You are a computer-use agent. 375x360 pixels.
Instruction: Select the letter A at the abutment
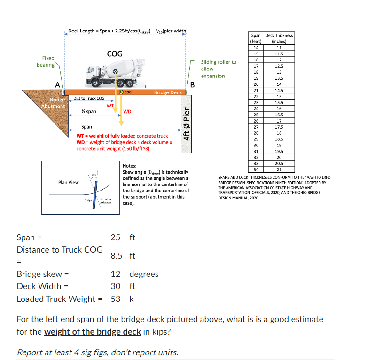click(57, 84)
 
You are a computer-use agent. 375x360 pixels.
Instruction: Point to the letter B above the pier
click(192, 84)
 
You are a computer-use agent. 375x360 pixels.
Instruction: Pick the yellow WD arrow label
click(127, 112)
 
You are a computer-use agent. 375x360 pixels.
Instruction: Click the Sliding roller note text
click(219, 69)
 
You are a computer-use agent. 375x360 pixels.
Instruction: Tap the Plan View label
click(68, 182)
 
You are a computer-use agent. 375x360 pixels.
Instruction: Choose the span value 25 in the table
click(256, 115)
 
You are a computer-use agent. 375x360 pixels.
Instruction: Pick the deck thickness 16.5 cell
click(279, 115)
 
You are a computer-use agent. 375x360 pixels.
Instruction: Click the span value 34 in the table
click(256, 169)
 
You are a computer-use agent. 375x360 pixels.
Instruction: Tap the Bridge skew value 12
click(116, 274)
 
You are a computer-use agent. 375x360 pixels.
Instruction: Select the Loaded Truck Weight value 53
click(116, 299)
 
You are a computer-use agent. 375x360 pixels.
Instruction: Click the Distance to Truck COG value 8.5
click(117, 256)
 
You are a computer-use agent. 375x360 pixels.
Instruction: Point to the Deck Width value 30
click(116, 286)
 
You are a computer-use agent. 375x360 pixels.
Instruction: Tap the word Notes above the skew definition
click(130, 166)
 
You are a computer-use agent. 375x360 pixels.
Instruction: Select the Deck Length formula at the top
click(128, 31)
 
